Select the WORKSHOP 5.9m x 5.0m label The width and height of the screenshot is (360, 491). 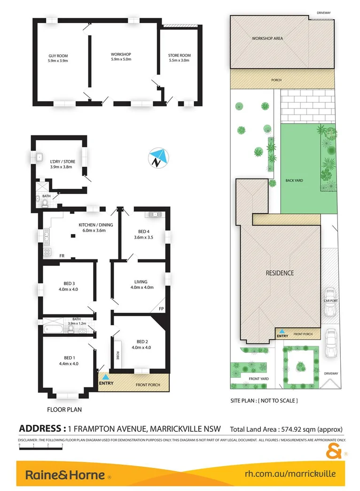coord(121,56)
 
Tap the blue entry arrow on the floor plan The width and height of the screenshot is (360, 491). coord(107,377)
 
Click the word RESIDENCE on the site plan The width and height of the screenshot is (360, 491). coord(280,273)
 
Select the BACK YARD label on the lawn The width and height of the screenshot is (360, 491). coord(293,180)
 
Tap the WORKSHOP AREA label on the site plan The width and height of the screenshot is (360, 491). coord(267,39)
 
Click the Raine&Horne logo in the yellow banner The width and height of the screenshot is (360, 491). coord(65,475)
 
